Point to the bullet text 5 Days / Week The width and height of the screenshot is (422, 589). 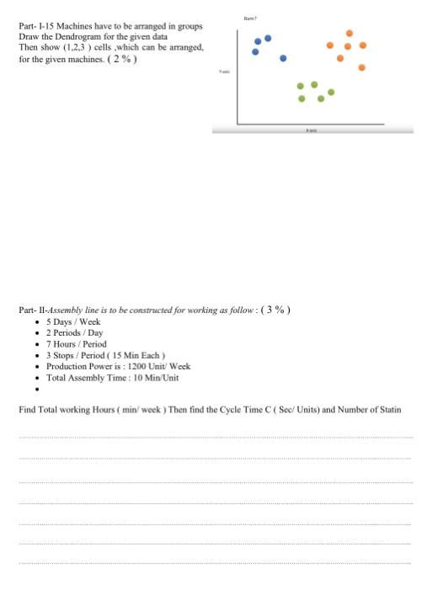[x=73, y=322]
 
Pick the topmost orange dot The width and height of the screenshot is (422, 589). [x=349, y=33]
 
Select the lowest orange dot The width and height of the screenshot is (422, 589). [x=361, y=67]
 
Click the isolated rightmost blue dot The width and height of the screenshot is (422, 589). [x=284, y=59]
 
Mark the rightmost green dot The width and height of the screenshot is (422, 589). [x=331, y=91]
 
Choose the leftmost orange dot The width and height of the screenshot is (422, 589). [x=329, y=45]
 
